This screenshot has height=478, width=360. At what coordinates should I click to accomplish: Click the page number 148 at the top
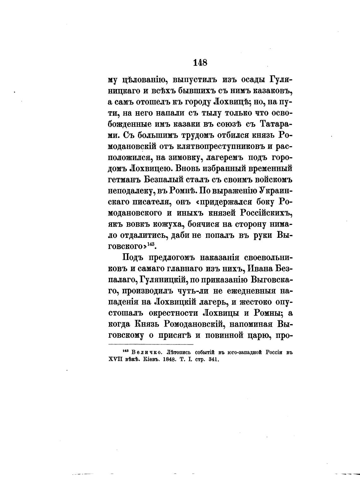tap(200, 63)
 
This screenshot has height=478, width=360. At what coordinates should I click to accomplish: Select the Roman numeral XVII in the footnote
tap(116, 359)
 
